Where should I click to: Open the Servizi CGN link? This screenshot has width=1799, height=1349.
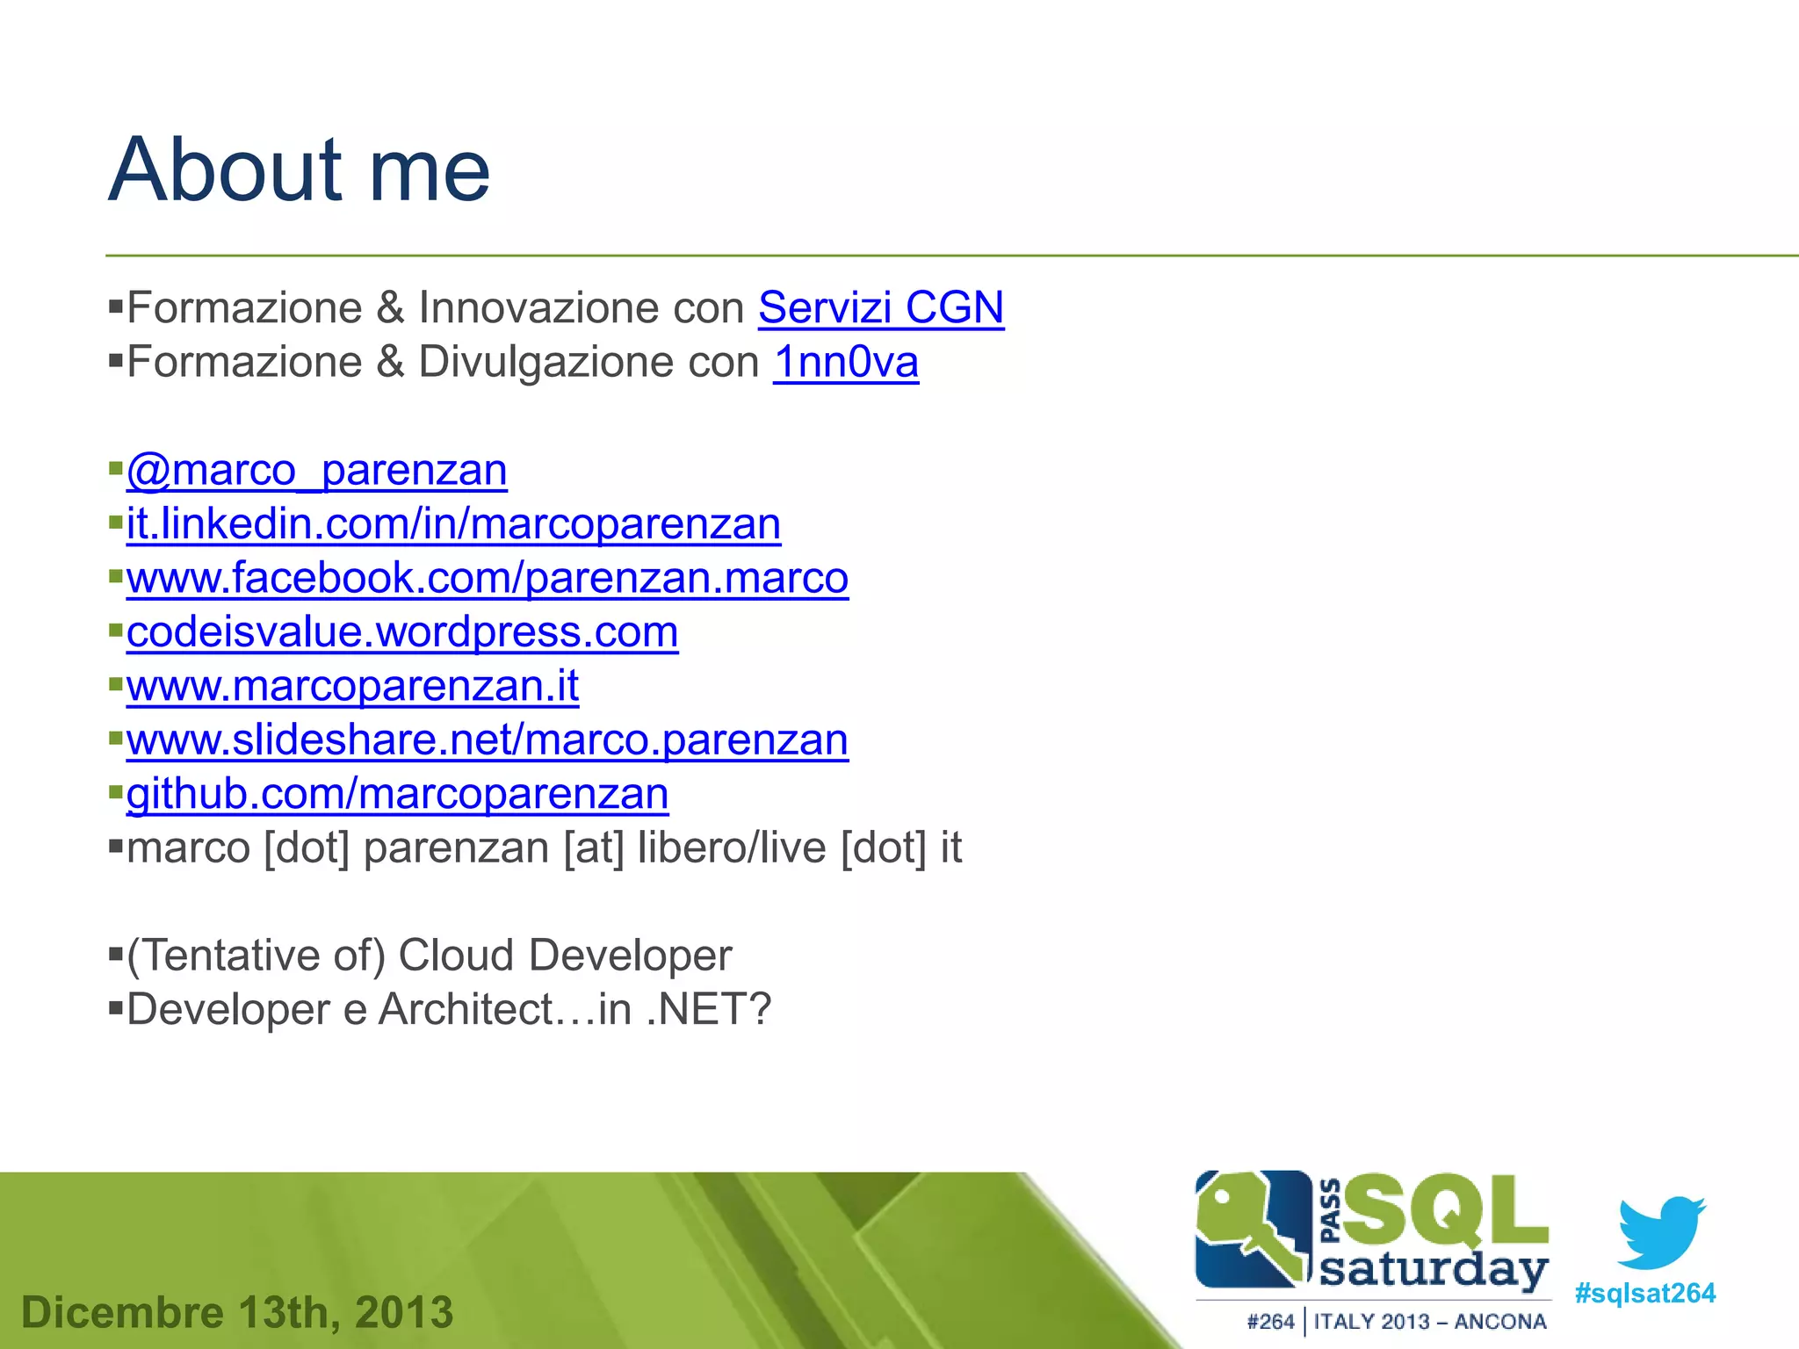[x=880, y=308]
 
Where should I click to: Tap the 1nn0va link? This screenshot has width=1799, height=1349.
[x=845, y=363]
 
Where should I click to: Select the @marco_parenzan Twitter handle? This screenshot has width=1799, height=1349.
[x=316, y=471]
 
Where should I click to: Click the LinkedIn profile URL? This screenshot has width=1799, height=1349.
[x=453, y=524]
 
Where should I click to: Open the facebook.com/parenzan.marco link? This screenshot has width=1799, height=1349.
[x=487, y=579]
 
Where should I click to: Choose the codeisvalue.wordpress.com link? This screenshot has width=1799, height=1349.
[x=401, y=632]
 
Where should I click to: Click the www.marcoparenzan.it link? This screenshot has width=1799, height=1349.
[x=352, y=687]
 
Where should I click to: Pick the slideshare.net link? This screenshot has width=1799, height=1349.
[x=487, y=740]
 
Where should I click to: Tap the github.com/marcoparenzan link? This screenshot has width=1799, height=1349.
[x=397, y=795]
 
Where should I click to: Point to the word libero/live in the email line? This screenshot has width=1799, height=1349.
[x=731, y=848]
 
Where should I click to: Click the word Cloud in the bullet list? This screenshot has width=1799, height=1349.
[x=455, y=956]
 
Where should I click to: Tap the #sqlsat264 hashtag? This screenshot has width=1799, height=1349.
[x=1644, y=1294]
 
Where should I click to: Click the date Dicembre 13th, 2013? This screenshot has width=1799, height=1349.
[x=237, y=1313]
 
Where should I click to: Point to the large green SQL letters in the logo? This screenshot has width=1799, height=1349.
[x=1444, y=1211]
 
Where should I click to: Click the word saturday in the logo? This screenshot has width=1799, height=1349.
[x=1434, y=1271]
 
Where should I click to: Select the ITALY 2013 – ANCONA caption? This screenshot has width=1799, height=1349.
[x=1429, y=1322]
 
